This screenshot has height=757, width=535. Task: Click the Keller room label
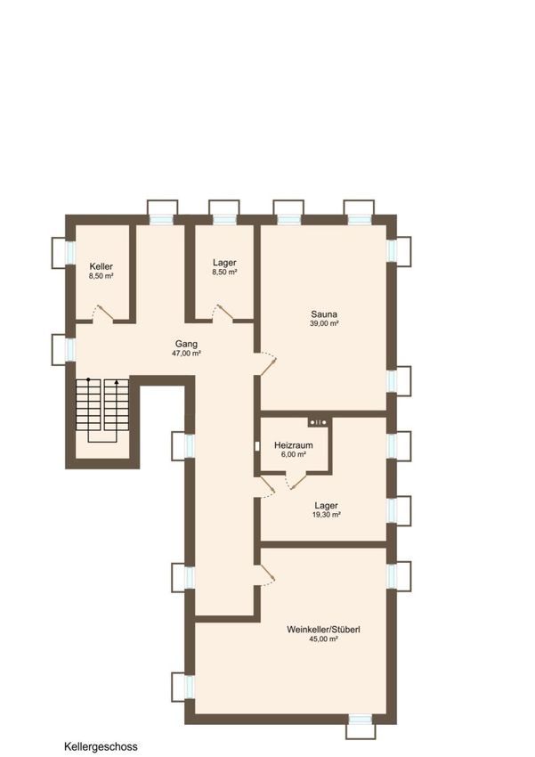coord(101,266)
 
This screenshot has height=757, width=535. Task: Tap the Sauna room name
coord(324,313)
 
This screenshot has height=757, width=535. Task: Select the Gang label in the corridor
coord(186,344)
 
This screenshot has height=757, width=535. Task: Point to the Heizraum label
coord(293,445)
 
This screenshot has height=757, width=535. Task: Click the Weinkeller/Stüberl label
coord(323,630)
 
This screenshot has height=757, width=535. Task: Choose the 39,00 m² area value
coord(324,323)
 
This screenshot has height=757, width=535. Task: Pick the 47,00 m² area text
coord(186,354)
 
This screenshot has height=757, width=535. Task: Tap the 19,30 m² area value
coord(327,515)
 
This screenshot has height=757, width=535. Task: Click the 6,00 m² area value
coord(293,454)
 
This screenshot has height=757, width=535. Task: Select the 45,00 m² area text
coord(323,639)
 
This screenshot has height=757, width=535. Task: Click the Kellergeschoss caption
coord(101,747)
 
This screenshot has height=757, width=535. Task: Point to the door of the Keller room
coord(103,313)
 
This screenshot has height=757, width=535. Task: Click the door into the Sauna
coord(266,363)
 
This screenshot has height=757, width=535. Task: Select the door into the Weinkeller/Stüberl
coord(265,575)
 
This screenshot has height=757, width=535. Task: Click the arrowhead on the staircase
coord(117,382)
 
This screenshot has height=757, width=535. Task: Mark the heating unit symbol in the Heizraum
coord(318,422)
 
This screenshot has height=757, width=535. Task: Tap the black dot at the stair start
coord(88,380)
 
